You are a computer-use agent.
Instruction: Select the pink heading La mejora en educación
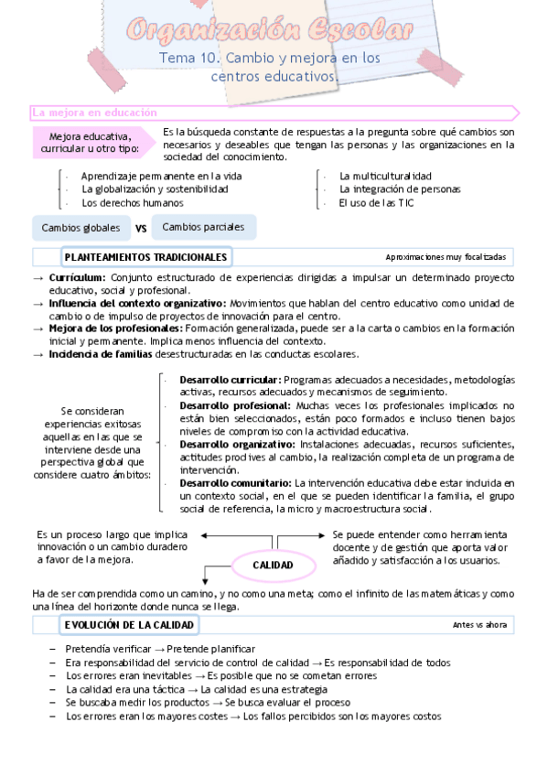point(95,113)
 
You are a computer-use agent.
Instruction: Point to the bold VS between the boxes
point(142,228)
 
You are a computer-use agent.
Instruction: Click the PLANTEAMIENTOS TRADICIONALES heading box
point(145,257)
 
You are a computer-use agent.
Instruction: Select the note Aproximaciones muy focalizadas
point(446,257)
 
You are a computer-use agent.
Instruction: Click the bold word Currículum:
point(77,277)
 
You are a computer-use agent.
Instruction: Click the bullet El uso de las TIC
point(376,203)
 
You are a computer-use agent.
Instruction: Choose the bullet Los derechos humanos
point(132,203)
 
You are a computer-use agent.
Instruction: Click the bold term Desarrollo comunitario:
point(235,482)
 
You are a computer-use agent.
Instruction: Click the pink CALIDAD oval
point(274,565)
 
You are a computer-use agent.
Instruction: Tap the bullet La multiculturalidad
point(385,176)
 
